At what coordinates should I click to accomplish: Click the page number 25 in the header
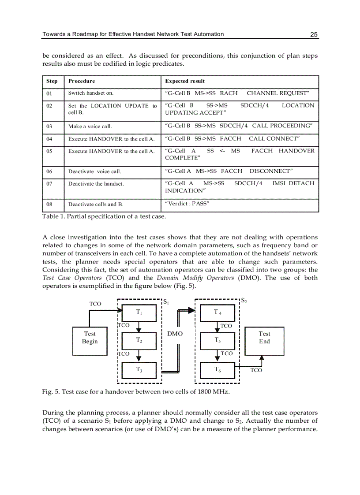pyautogui.click(x=314, y=35)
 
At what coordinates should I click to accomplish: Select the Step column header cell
pyautogui.click(x=52, y=81)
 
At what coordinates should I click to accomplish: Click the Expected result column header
pyautogui.click(x=185, y=81)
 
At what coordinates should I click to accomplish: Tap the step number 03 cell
pyautogui.click(x=52, y=127)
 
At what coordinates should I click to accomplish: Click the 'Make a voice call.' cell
pyautogui.click(x=90, y=127)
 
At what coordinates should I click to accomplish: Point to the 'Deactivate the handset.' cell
pyautogui.click(x=96, y=184)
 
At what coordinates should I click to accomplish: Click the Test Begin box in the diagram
pyautogui.click(x=90, y=338)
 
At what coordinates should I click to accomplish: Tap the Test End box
pyautogui.click(x=264, y=338)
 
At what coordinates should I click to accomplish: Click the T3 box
pyautogui.click(x=139, y=370)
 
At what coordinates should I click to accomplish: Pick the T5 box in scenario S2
pyautogui.click(x=218, y=340)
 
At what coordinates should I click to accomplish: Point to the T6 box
pyautogui.click(x=218, y=370)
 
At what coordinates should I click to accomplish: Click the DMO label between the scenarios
pyautogui.click(x=175, y=334)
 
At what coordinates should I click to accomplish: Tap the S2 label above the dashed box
pyautogui.click(x=244, y=301)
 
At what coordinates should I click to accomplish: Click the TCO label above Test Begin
pyautogui.click(x=95, y=304)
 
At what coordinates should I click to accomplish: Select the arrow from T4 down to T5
pyautogui.click(x=217, y=327)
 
